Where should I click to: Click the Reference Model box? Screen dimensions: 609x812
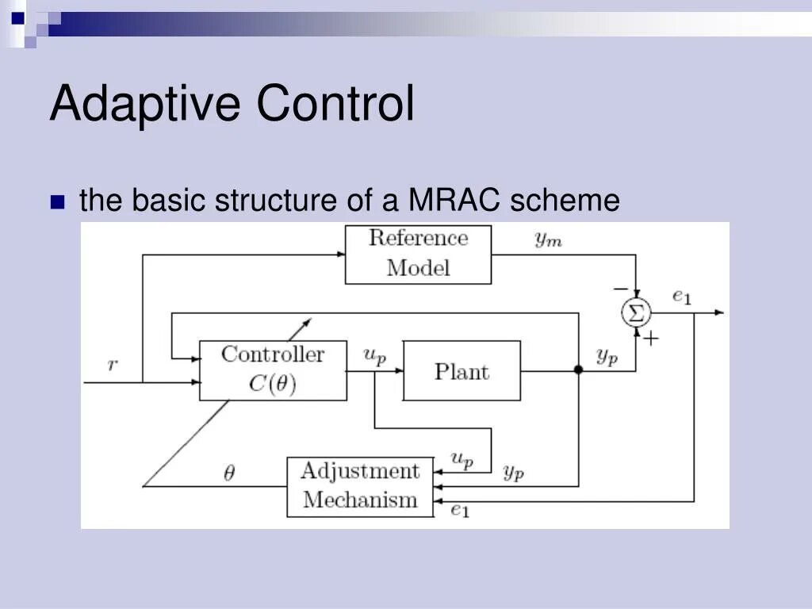(x=418, y=254)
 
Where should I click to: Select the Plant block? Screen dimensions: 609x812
(x=462, y=371)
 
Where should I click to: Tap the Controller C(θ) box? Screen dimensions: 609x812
(x=273, y=370)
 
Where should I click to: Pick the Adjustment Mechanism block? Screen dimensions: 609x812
(x=360, y=486)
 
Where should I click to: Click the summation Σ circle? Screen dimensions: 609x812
(x=634, y=312)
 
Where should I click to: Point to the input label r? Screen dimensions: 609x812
(x=113, y=365)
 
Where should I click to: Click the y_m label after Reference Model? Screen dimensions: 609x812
(x=548, y=239)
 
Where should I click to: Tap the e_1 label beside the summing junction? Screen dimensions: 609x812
(x=682, y=297)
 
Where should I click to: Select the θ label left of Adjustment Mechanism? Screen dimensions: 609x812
(x=229, y=474)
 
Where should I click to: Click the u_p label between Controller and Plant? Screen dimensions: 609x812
(x=374, y=356)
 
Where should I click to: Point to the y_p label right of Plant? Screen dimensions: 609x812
(x=607, y=358)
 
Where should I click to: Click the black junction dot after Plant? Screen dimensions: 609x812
(x=578, y=370)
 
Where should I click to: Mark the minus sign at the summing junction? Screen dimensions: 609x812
(x=620, y=289)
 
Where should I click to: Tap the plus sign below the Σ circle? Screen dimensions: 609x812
(x=650, y=339)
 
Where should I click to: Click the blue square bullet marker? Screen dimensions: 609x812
(x=57, y=201)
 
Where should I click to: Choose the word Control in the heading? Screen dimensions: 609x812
(x=335, y=103)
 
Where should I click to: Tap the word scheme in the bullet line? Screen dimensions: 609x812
(x=565, y=200)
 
